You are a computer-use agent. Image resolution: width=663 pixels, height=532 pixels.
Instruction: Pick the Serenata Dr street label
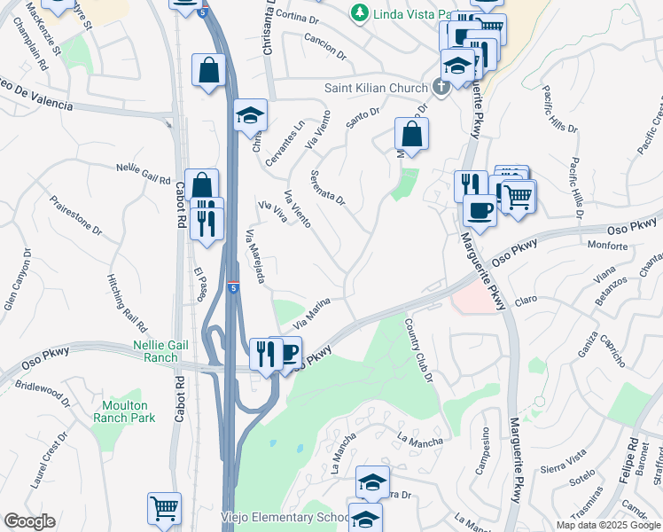(327, 187)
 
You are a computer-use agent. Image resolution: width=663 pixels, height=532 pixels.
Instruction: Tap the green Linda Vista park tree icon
(358, 12)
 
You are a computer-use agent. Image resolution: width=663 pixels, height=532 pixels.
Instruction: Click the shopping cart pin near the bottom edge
(164, 508)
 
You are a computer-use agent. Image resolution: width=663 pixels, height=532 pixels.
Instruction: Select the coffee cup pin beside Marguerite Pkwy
(480, 211)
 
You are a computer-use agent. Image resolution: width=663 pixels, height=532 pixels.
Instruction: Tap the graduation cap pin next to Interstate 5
(251, 115)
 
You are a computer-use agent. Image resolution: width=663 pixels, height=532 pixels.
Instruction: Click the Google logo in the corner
(30, 521)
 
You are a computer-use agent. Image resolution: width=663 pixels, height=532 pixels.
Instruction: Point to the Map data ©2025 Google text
(607, 525)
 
